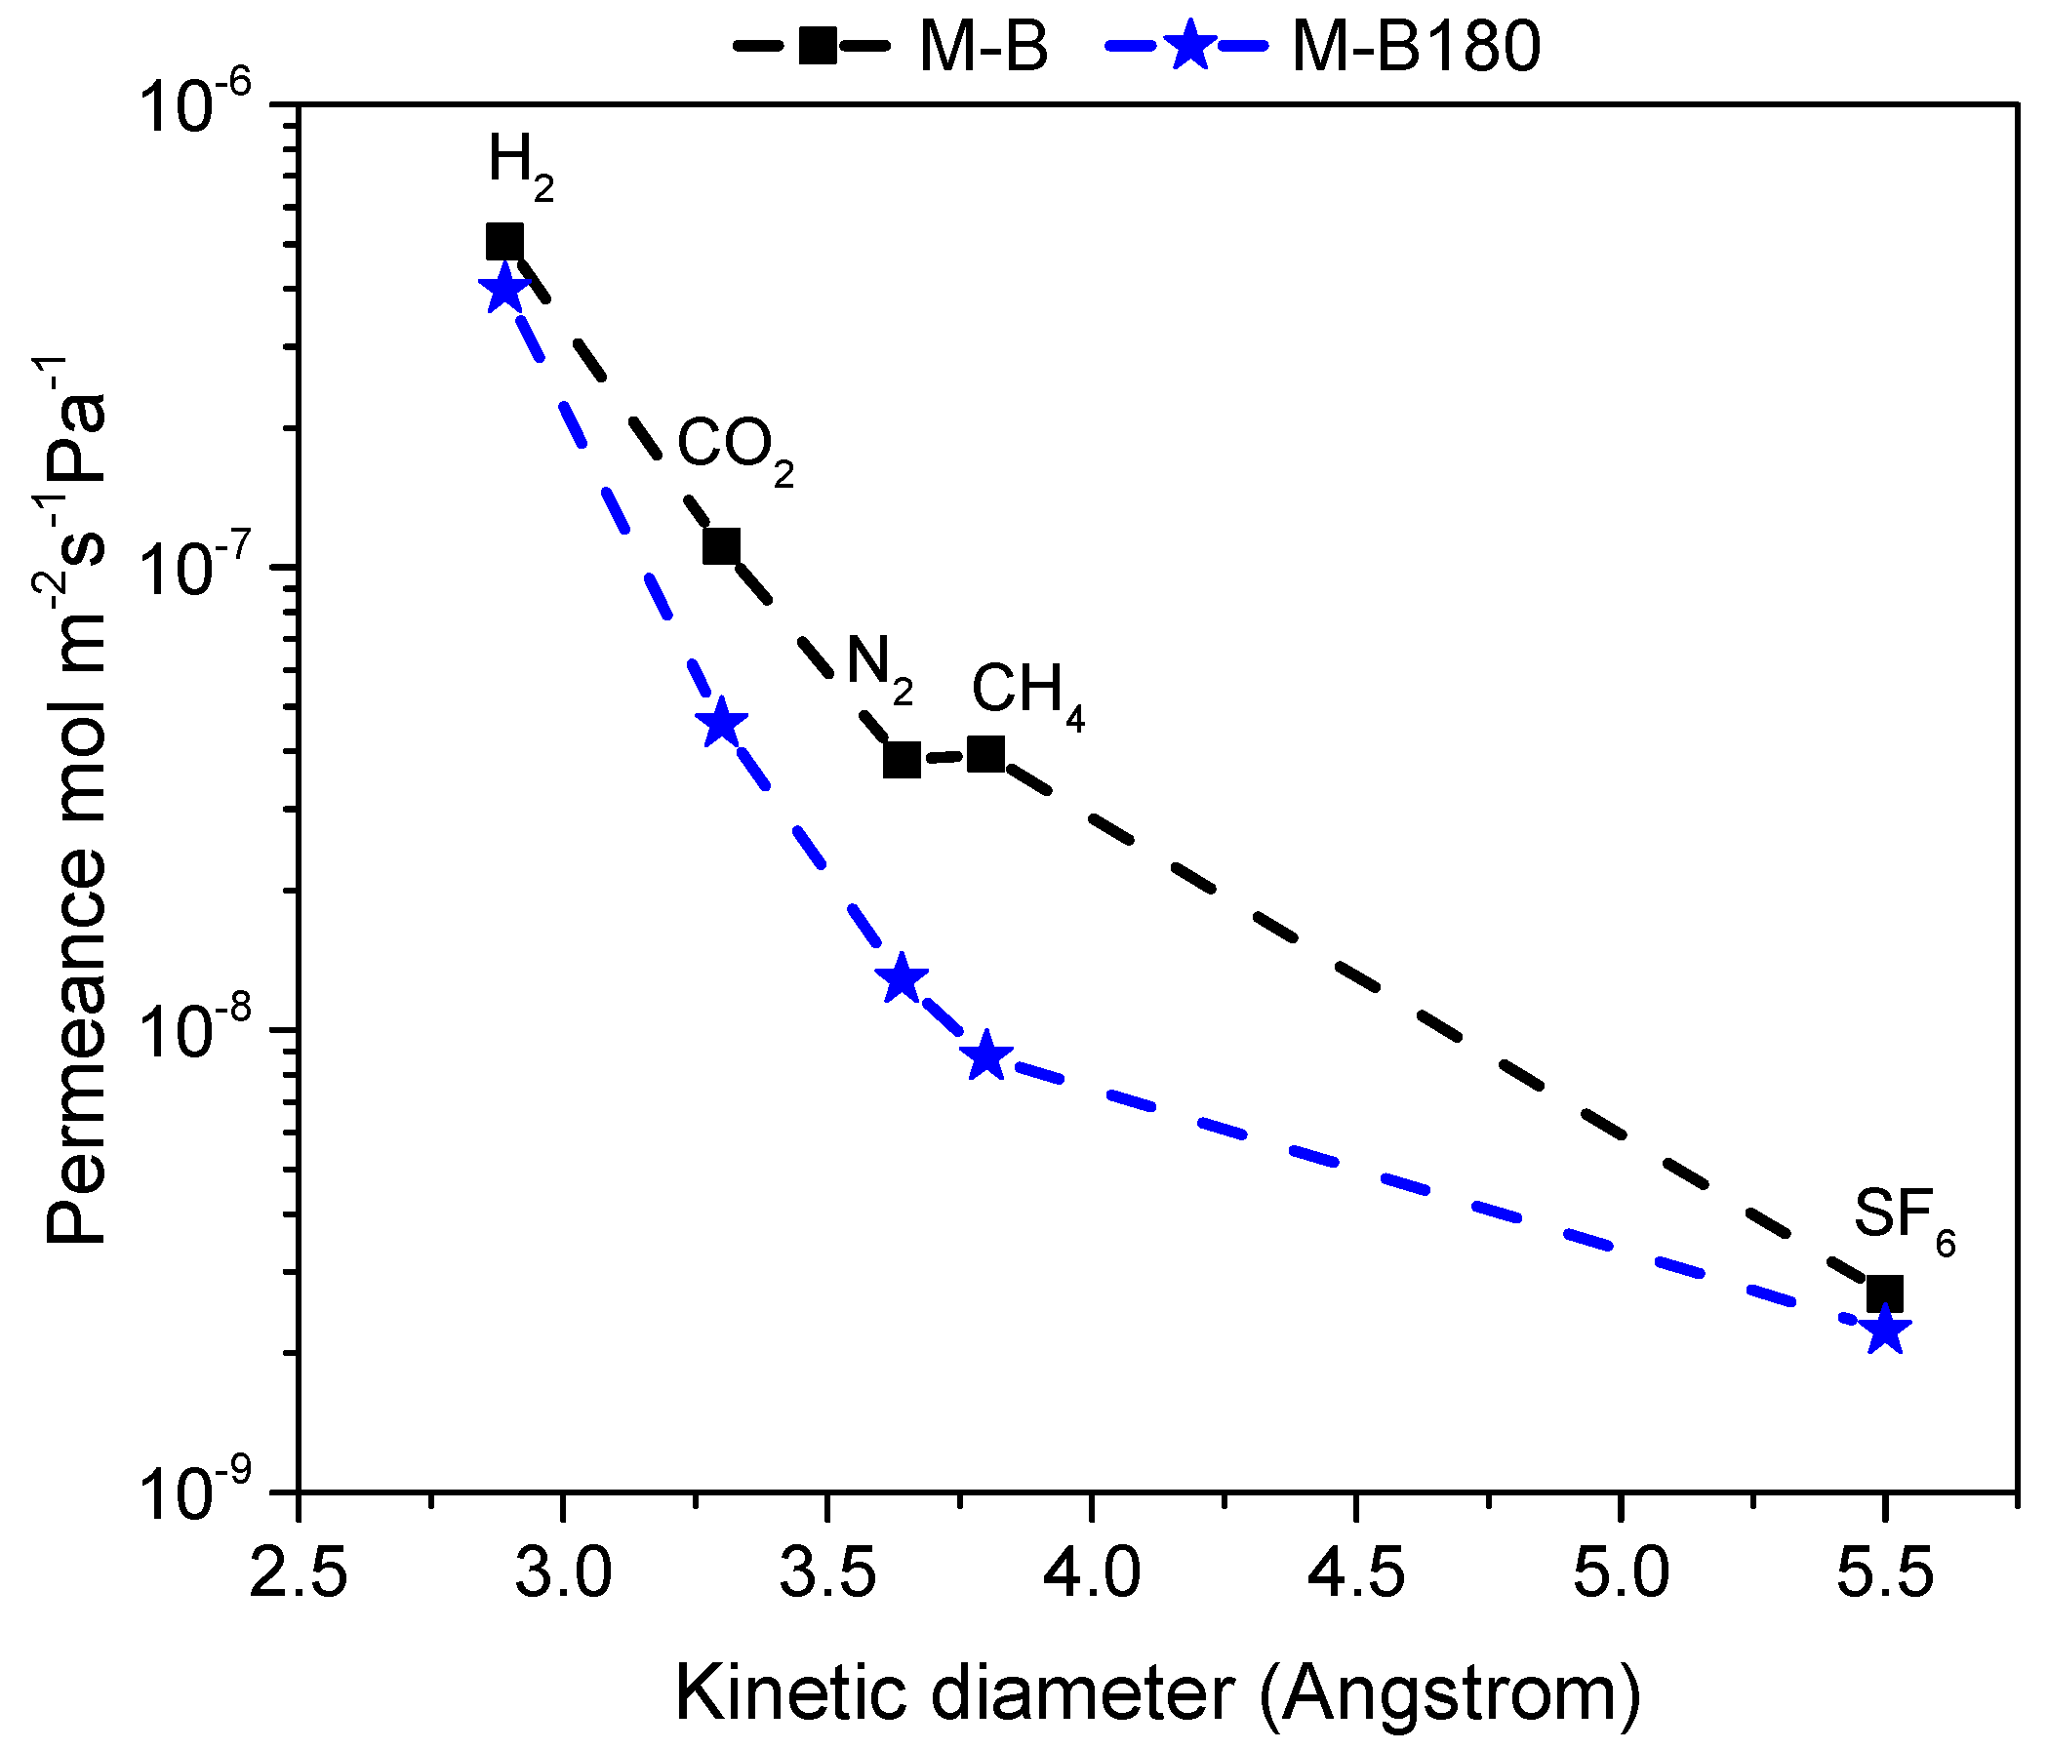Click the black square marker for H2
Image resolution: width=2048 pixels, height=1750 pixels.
tap(505, 242)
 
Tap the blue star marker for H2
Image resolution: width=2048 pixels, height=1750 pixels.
tap(504, 291)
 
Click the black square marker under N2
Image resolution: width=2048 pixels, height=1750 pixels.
tap(902, 760)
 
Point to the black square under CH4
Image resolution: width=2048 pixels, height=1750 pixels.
tap(986, 755)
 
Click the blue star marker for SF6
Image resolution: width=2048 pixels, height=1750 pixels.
tap(1886, 1331)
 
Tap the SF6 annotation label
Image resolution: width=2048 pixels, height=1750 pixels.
tap(1903, 1218)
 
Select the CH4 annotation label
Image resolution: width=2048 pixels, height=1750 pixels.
tap(1027, 692)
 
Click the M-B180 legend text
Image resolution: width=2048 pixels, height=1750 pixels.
tap(1417, 47)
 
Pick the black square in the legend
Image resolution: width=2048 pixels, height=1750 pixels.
tap(819, 46)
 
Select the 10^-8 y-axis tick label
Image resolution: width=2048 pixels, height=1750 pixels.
tap(197, 1034)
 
